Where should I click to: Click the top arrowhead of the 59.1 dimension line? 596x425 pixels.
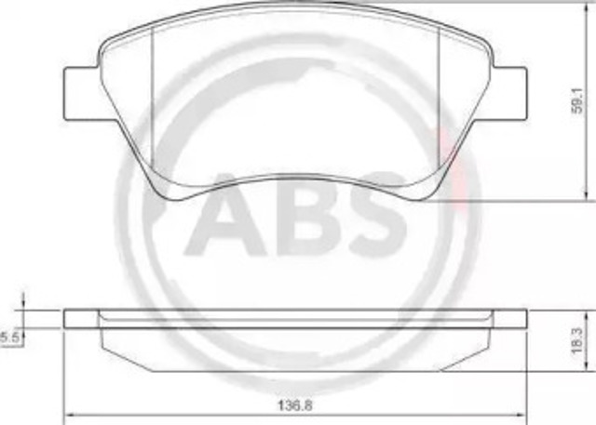(x=587, y=7)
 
